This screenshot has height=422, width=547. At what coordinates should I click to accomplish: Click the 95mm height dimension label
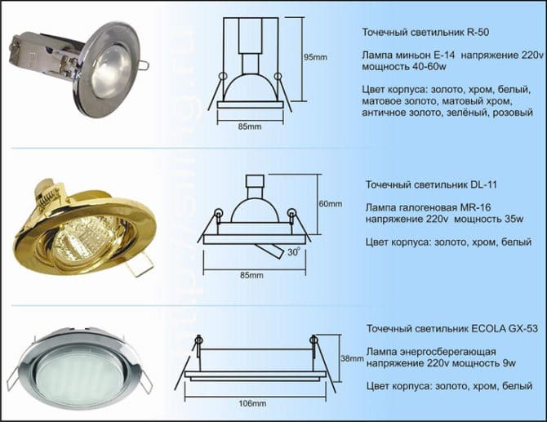pyautogui.click(x=315, y=57)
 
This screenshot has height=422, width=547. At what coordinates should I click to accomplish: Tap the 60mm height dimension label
pyautogui.click(x=331, y=204)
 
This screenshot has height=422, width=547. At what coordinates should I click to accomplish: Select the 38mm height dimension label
pyautogui.click(x=353, y=358)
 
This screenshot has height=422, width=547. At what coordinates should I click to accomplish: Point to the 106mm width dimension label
pyautogui.click(x=252, y=403)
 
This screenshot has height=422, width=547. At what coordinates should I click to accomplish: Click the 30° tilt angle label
pyautogui.click(x=294, y=252)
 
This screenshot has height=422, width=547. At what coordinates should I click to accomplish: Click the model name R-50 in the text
pyautogui.click(x=477, y=33)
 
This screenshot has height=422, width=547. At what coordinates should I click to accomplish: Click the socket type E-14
pyautogui.click(x=443, y=56)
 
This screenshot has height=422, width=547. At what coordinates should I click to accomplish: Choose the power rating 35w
pyautogui.click(x=514, y=220)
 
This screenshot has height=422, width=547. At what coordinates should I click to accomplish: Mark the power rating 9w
pyautogui.click(x=509, y=363)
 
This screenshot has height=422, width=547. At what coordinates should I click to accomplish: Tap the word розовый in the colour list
pyautogui.click(x=514, y=113)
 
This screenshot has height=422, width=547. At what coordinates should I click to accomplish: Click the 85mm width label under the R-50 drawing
pyautogui.click(x=250, y=127)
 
